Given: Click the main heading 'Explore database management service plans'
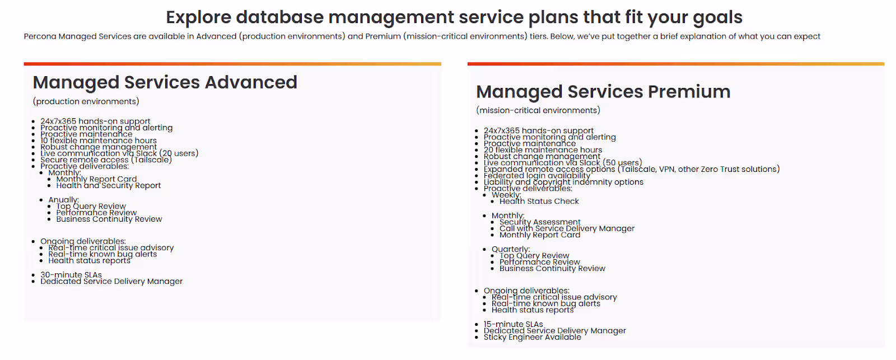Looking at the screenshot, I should coord(454,17).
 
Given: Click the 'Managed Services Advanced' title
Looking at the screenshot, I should coord(165,82).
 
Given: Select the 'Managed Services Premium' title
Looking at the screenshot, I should coord(603,92).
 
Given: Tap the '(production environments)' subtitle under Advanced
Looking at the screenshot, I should coord(86,101).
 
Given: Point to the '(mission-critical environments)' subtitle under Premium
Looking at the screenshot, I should coord(538,110).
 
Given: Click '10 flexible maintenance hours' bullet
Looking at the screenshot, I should coord(99,141).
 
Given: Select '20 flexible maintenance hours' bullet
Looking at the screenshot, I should coord(543,150).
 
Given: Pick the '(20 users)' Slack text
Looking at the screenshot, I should coord(179,153).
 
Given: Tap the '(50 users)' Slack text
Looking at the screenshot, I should coord(622,162).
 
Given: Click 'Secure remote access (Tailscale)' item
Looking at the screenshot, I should coord(106,160).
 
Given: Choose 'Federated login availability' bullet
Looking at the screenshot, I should coord(536,175).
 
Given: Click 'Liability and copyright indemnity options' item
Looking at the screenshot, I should coord(563,182).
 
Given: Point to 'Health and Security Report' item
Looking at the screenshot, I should coord(108,185).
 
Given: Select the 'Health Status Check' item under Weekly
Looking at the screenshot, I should coord(539,201).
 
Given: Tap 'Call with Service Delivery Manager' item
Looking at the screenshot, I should coord(567,228).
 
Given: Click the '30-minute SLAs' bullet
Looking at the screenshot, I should coord(71,275).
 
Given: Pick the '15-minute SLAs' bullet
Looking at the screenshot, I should coord(513,324).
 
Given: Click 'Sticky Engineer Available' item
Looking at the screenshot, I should coord(532,337).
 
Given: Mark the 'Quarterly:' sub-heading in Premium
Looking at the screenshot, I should coord(510,249).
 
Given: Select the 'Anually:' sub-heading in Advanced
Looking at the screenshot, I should coord(63,200).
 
